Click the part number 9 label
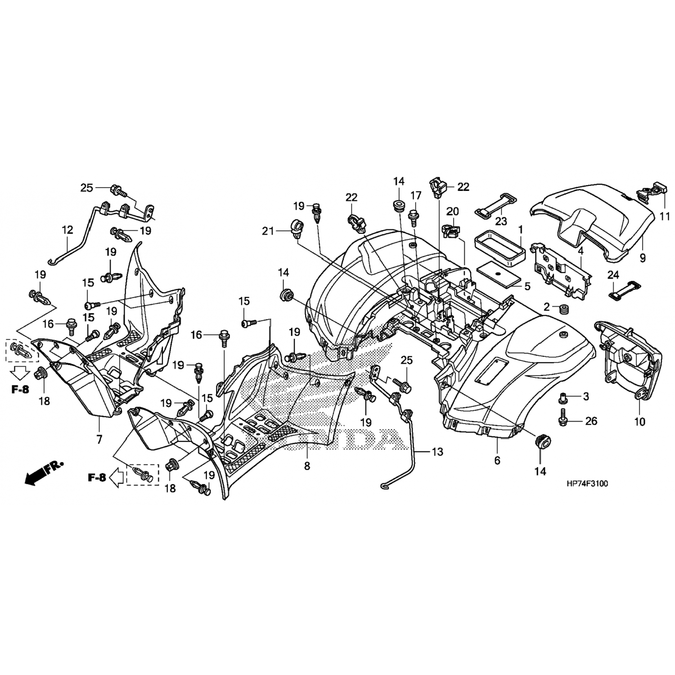pyautogui.click(x=643, y=258)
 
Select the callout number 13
pyautogui.click(x=437, y=451)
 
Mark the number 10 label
pyautogui.click(x=639, y=422)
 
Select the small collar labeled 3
pyautogui.click(x=562, y=398)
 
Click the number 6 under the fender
pyautogui.click(x=497, y=461)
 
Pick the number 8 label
pyautogui.click(x=307, y=466)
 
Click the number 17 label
pyautogui.click(x=416, y=195)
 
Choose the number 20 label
pyautogui.click(x=452, y=211)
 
